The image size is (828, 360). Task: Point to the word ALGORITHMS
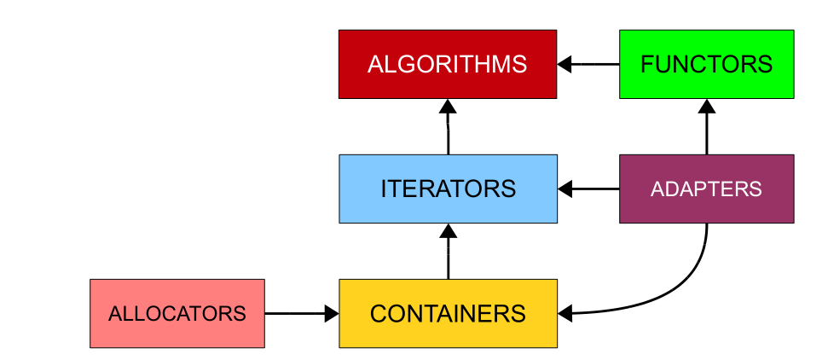tap(448, 64)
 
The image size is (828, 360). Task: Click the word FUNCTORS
tap(706, 64)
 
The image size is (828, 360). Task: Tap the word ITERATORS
tap(448, 189)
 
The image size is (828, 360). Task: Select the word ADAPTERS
tap(706, 189)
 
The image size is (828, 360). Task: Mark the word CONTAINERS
tap(448, 313)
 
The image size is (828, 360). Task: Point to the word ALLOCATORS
tap(177, 313)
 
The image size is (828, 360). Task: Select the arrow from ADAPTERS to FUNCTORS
tap(706, 128)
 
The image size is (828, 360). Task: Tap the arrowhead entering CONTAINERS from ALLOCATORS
tap(332, 313)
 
